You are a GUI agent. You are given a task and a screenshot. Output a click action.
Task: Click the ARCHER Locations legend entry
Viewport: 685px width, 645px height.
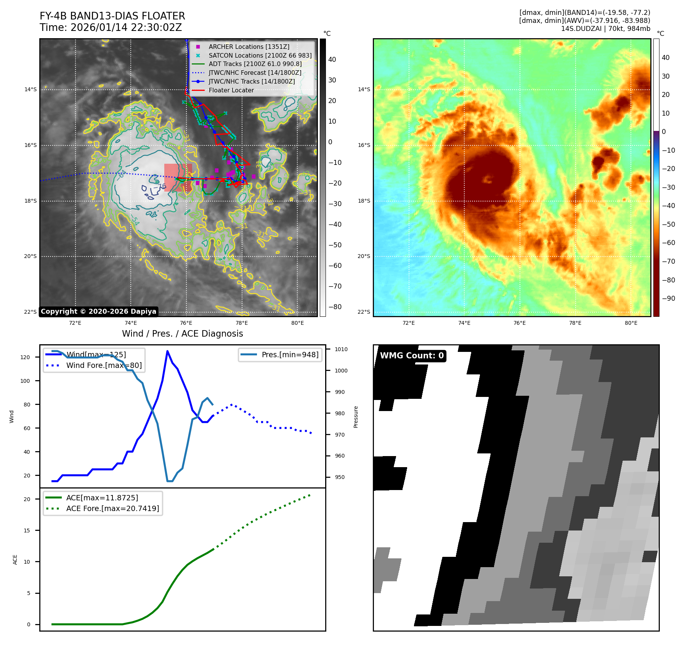pyautogui.click(x=249, y=47)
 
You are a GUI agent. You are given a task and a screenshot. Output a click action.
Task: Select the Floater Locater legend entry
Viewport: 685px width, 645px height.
pyautogui.click(x=231, y=90)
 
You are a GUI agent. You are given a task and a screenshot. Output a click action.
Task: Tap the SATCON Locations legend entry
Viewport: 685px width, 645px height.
pyautogui.click(x=260, y=55)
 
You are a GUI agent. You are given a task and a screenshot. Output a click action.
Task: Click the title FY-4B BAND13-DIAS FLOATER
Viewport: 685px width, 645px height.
pyautogui.click(x=112, y=16)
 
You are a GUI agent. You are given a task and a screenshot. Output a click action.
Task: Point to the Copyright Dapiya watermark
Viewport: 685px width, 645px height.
pyautogui.click(x=98, y=311)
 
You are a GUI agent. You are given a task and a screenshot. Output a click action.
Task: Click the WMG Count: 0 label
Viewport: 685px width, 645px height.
pyautogui.click(x=412, y=356)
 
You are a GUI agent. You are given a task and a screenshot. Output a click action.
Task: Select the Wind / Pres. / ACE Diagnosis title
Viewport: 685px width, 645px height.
pyautogui.click(x=182, y=334)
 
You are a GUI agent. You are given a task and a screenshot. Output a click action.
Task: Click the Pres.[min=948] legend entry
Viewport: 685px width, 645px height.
pyautogui.click(x=290, y=355)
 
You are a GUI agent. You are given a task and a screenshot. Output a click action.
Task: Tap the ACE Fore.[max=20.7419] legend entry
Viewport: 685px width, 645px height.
pyautogui.click(x=112, y=508)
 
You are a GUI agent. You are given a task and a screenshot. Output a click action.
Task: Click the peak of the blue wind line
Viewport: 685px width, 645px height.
pyautogui.click(x=167, y=351)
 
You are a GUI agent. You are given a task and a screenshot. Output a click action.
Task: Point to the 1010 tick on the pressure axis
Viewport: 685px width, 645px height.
pyautogui.click(x=341, y=349)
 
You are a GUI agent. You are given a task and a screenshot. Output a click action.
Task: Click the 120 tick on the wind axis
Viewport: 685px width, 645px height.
pyautogui.click(x=25, y=357)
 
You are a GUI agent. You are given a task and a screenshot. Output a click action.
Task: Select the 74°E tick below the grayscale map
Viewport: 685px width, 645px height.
pyautogui.click(x=131, y=323)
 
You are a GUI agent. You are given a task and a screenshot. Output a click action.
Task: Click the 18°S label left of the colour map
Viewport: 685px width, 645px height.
pyautogui.click(x=364, y=201)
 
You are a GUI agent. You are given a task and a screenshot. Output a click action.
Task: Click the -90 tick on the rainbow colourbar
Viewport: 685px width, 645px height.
pyautogui.click(x=668, y=298)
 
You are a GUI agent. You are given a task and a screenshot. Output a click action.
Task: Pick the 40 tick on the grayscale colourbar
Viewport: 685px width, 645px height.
pyautogui.click(x=332, y=60)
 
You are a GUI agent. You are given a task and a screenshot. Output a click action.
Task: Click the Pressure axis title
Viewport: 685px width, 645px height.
pyautogui.click(x=356, y=417)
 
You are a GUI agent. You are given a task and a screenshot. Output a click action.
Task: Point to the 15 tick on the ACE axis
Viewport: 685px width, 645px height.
pyautogui.click(x=27, y=531)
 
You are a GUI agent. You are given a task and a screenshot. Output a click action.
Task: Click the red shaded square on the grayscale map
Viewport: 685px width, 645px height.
pyautogui.click(x=178, y=177)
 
